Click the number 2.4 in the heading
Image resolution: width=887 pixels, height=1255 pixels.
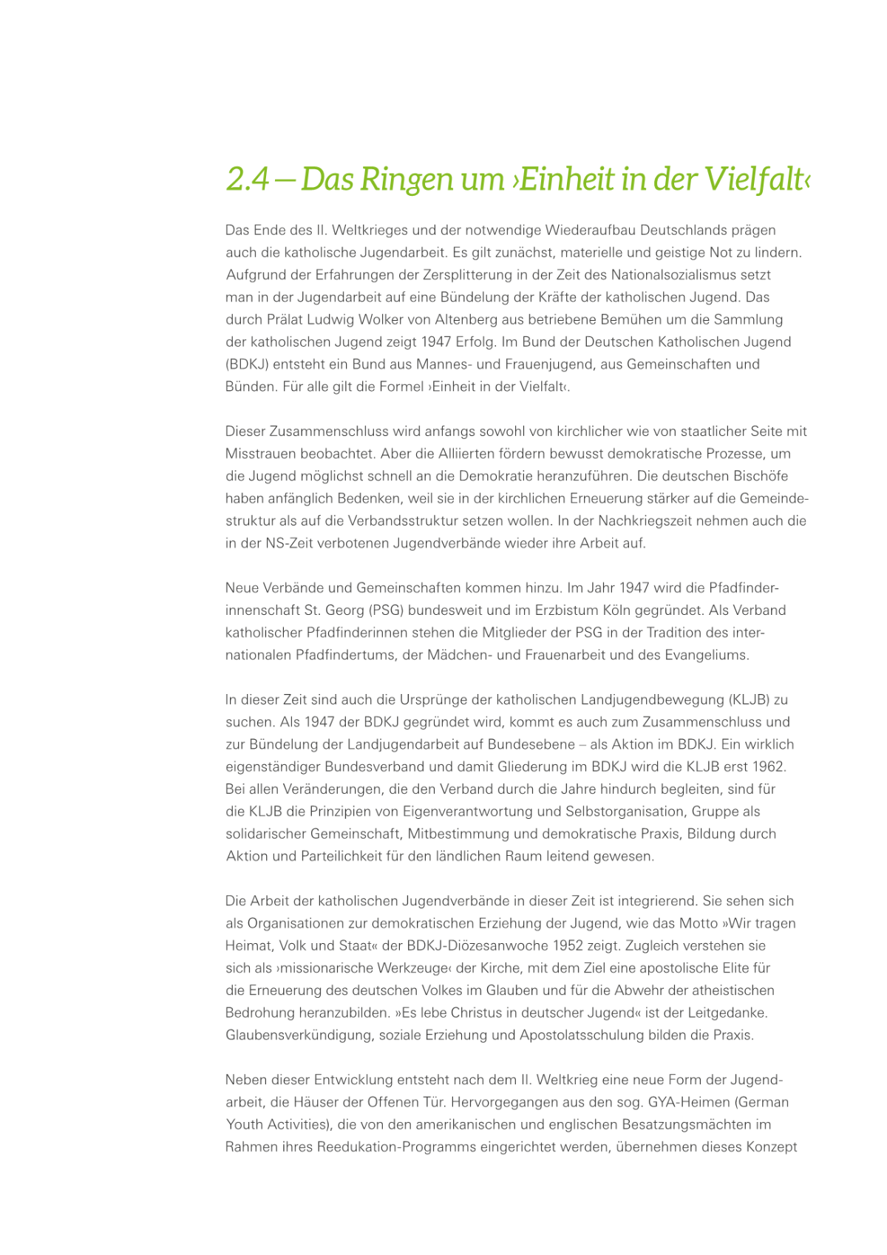248,180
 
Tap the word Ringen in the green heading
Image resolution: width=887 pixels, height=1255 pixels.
406,180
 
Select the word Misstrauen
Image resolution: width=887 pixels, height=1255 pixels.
261,454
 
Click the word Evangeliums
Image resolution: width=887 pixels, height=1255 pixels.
707,655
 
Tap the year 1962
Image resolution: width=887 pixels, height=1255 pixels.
769,766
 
